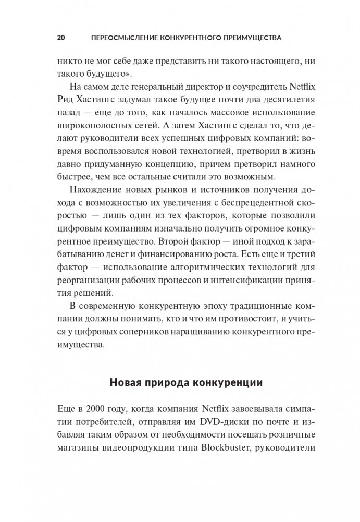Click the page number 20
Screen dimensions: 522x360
coord(60,38)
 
